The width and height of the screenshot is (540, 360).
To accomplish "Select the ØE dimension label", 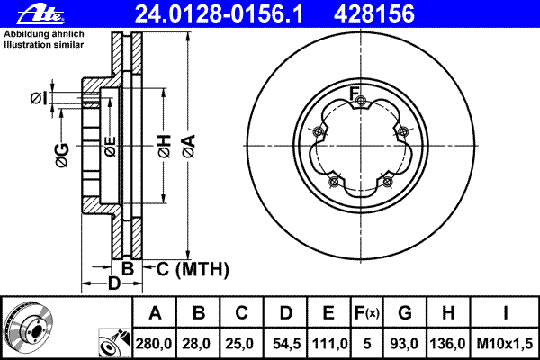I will coord(110,147).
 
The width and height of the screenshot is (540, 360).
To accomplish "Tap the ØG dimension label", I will coord(61,156).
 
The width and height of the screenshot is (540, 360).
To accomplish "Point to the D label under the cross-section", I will coord(113,284).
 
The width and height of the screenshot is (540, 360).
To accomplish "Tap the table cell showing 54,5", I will coord(286,344).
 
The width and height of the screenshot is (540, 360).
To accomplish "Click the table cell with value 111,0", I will coord(329,344).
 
